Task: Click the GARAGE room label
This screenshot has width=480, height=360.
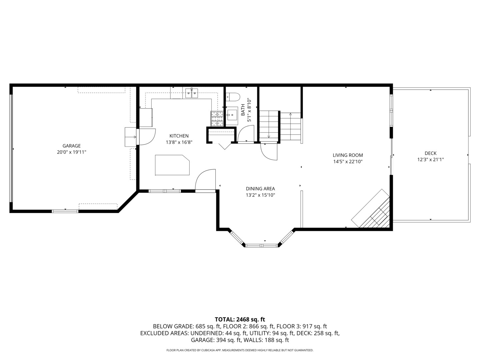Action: (72, 146)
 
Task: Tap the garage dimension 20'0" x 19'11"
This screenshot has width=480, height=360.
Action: (72, 152)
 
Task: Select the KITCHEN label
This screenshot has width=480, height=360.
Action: (179, 136)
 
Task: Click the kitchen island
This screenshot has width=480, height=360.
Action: (172, 165)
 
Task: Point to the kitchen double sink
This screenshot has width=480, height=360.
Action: (192, 93)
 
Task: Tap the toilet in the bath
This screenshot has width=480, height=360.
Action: (233, 97)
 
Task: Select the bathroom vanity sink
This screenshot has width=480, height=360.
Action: (232, 116)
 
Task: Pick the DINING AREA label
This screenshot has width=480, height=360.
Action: (260, 189)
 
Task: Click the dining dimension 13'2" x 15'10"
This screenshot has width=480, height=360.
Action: (260, 195)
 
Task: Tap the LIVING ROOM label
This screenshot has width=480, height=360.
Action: (348, 155)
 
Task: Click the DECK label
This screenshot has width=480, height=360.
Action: (430, 153)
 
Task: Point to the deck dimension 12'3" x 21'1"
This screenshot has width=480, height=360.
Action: (430, 160)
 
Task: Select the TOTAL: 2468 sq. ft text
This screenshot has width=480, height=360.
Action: (240, 319)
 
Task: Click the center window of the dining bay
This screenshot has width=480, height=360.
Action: (262, 246)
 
